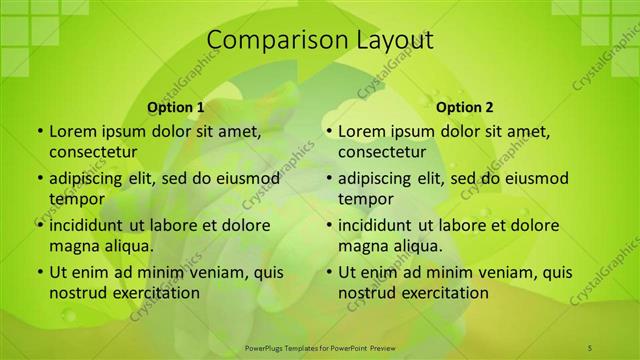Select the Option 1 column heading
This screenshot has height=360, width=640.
click(176, 107)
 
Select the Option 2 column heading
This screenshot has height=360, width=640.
click(465, 107)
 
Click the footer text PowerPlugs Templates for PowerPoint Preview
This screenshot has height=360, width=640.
click(319, 346)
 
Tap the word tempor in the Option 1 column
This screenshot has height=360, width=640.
click(77, 198)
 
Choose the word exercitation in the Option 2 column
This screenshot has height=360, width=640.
click(439, 292)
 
